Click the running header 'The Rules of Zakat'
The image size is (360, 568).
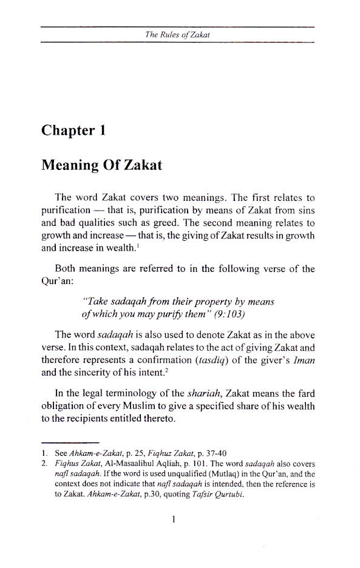177,35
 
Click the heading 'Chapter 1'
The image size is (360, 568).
73,130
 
